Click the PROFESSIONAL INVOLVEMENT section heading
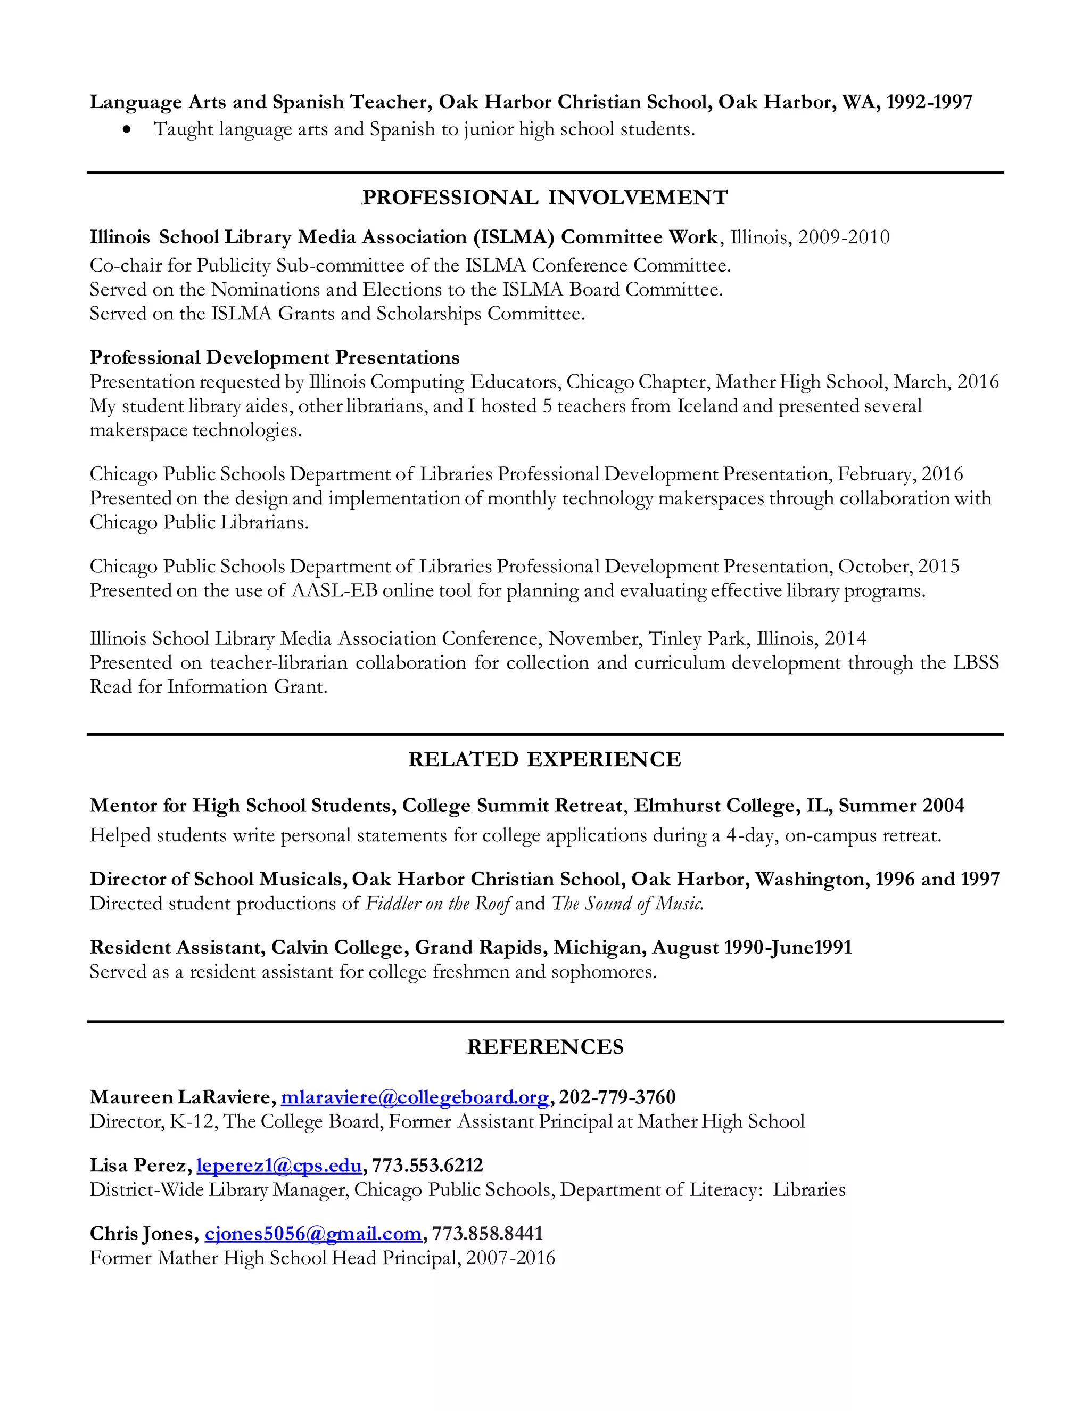point(545,198)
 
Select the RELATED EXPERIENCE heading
point(544,759)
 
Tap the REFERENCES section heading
point(545,1047)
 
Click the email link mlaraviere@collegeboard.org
point(415,1097)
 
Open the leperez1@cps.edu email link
point(279,1165)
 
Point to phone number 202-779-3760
point(617,1097)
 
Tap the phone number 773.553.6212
point(427,1165)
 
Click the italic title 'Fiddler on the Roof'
point(439,903)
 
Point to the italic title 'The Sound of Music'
point(627,903)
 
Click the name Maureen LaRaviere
point(182,1097)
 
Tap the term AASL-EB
point(334,590)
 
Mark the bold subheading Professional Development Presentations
point(275,357)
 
